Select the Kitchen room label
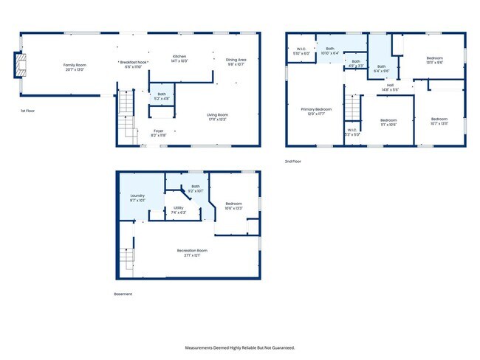click(x=179, y=58)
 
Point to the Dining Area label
click(x=236, y=61)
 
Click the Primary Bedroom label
click(x=316, y=111)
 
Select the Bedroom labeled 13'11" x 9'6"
click(x=434, y=60)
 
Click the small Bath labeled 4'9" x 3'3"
click(x=355, y=63)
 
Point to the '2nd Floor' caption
click(x=293, y=161)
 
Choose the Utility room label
click(x=179, y=210)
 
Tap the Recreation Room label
click(x=191, y=252)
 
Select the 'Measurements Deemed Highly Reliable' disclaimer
click(x=240, y=347)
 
